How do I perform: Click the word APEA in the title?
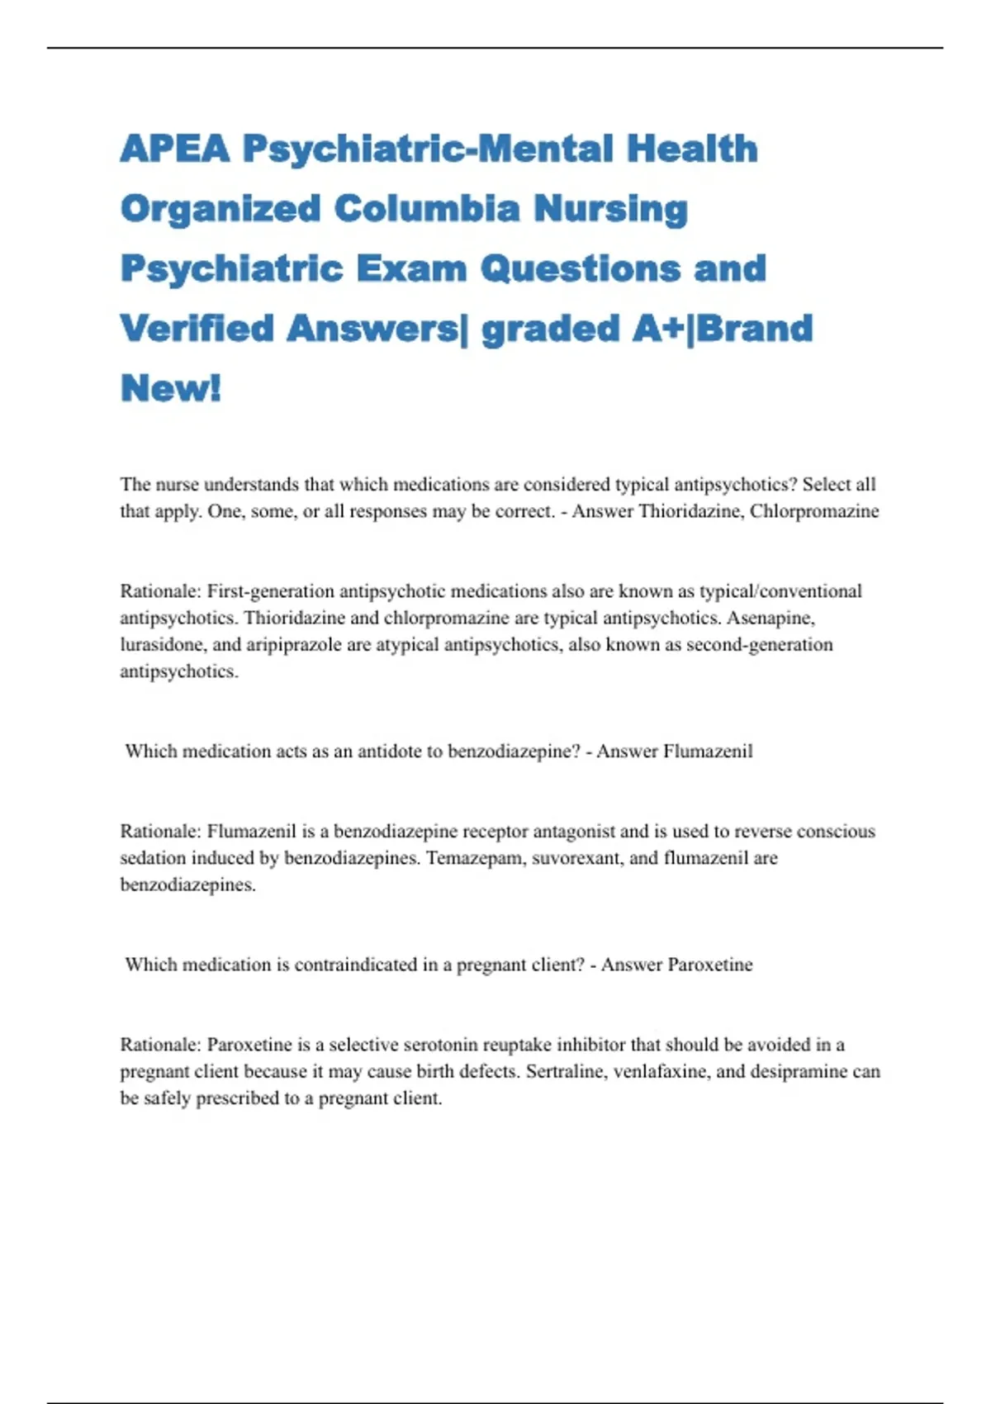pyautogui.click(x=174, y=149)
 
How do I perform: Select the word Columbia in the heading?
pyautogui.click(x=427, y=209)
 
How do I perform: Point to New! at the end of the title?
pyautogui.click(x=171, y=388)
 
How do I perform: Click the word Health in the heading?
pyautogui.click(x=691, y=149)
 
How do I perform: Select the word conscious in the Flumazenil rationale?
pyautogui.click(x=836, y=831)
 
